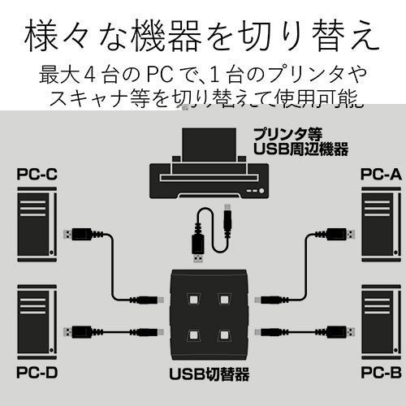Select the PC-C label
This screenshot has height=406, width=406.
point(36,174)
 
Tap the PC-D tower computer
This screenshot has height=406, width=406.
point(37,322)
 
